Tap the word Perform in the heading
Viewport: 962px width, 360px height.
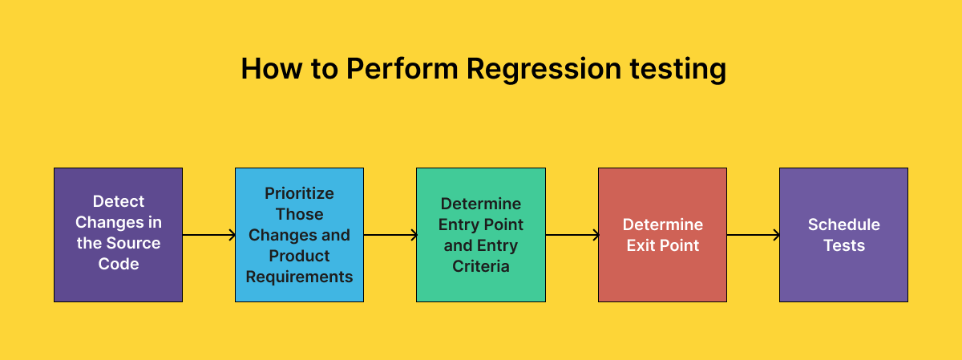click(x=402, y=69)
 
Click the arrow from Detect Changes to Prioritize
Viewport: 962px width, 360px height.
click(x=208, y=235)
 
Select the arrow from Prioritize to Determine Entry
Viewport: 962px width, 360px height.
click(x=390, y=235)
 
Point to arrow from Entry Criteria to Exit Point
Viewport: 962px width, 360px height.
click(x=572, y=235)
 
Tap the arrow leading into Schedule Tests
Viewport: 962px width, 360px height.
click(x=753, y=235)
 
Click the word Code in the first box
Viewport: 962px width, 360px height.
click(x=119, y=264)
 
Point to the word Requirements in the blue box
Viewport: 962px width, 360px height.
click(x=299, y=277)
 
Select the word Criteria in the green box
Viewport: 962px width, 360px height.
click(x=480, y=266)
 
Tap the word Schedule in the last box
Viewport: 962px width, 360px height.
click(x=843, y=224)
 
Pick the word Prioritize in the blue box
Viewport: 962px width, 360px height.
click(x=299, y=193)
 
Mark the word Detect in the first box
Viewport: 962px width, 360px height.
click(x=119, y=201)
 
